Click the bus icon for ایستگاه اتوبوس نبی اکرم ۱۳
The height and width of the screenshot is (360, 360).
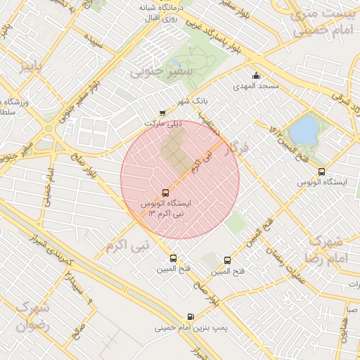[x=166, y=192]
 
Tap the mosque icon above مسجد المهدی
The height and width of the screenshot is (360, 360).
[x=256, y=76]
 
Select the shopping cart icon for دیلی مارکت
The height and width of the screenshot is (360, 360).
[x=163, y=112]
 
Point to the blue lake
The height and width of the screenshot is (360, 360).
[x=304, y=129]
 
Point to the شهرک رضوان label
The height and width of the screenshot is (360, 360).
[x=32, y=316]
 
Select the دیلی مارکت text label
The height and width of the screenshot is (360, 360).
[x=163, y=122]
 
